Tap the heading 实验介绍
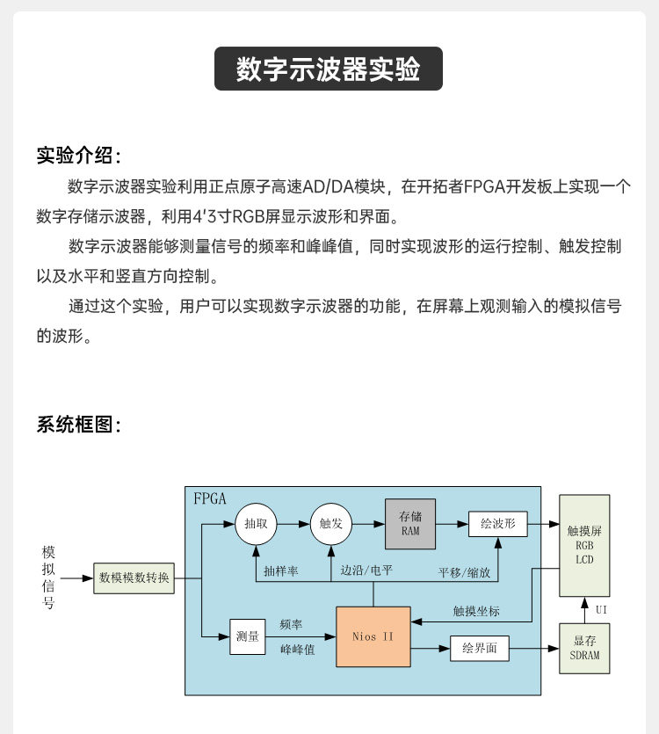(x=78, y=156)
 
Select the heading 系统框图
(x=78, y=425)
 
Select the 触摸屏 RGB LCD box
(x=584, y=546)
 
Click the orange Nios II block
(x=373, y=636)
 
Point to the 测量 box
(x=247, y=636)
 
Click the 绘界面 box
(x=479, y=649)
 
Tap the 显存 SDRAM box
(x=584, y=649)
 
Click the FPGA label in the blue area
(x=210, y=498)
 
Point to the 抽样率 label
(x=280, y=571)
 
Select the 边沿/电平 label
(x=366, y=571)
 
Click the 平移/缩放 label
(x=465, y=571)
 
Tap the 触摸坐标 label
(x=476, y=609)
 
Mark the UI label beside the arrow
(x=601, y=609)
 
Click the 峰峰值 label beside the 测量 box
(x=297, y=650)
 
